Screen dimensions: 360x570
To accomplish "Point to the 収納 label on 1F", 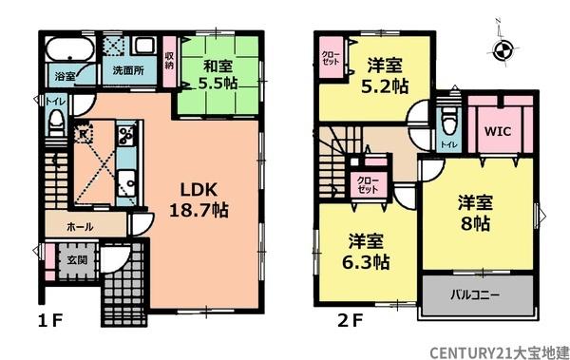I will (169, 62).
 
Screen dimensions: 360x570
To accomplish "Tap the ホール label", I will (80, 228).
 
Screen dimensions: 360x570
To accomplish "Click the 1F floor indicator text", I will (50, 319).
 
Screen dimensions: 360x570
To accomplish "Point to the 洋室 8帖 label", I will (476, 214).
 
